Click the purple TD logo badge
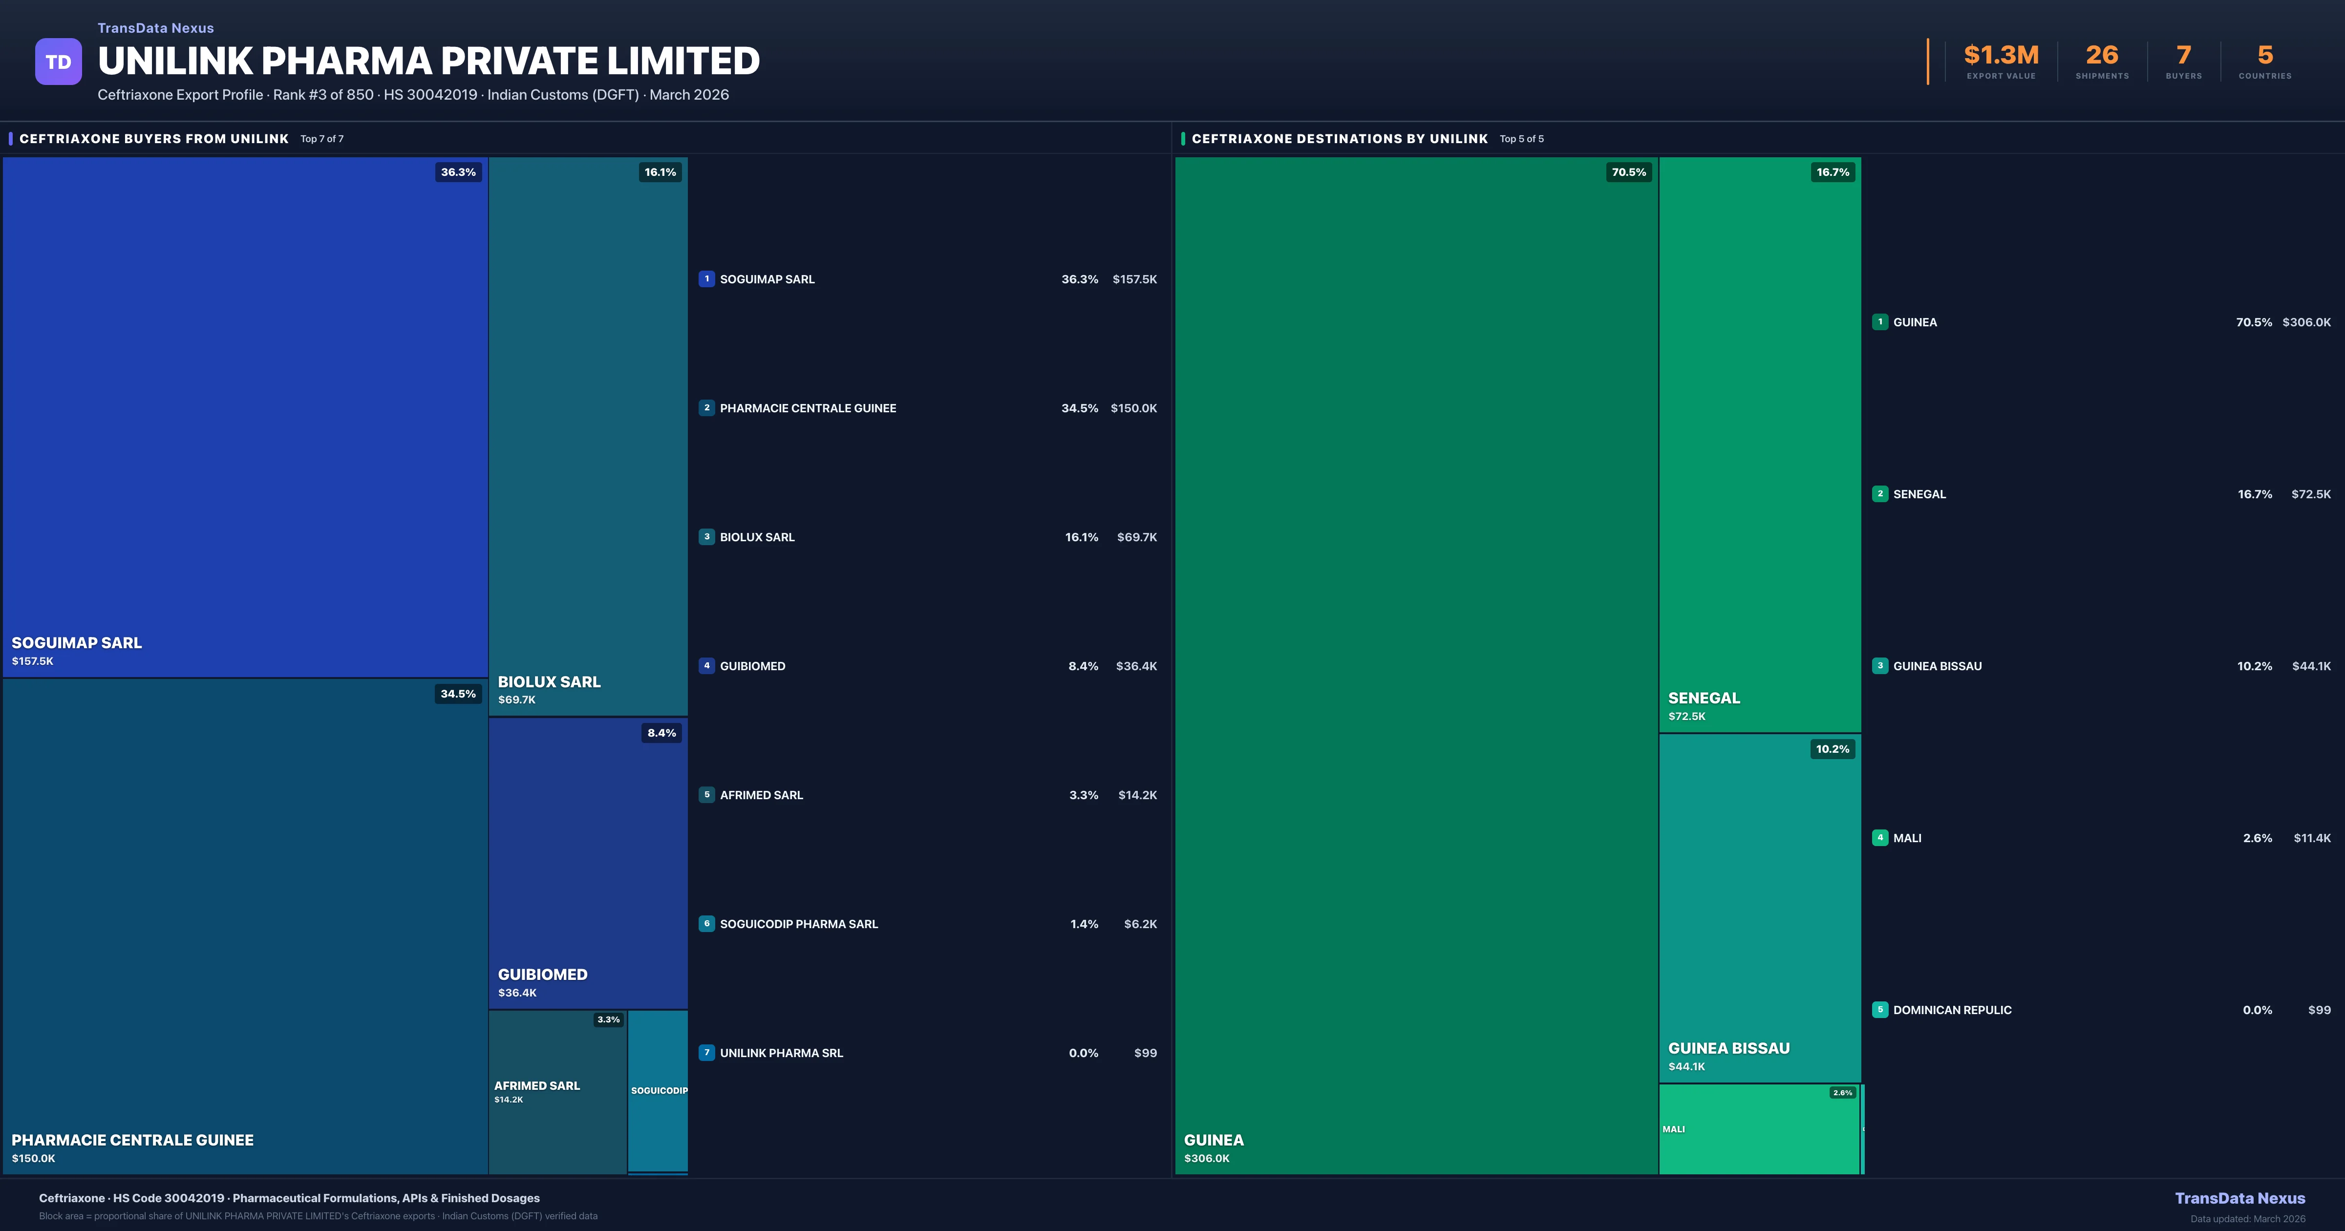[x=58, y=62]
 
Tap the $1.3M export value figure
[x=2001, y=56]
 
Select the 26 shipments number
[x=2102, y=56]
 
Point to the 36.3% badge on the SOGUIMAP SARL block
[x=458, y=172]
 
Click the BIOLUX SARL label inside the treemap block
[x=549, y=682]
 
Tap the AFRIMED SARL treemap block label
[x=537, y=1085]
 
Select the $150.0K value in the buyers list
[x=1133, y=408]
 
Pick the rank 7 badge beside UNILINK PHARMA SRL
[x=706, y=1053]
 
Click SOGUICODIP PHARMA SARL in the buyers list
[x=798, y=924]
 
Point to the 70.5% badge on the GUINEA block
[x=1629, y=172]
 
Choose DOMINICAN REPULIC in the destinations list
[x=1952, y=1010]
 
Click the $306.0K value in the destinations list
[x=2306, y=322]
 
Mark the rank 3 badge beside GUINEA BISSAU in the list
[x=1880, y=666]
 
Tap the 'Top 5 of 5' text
[x=1521, y=139]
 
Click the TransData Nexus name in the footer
[x=2239, y=1198]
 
